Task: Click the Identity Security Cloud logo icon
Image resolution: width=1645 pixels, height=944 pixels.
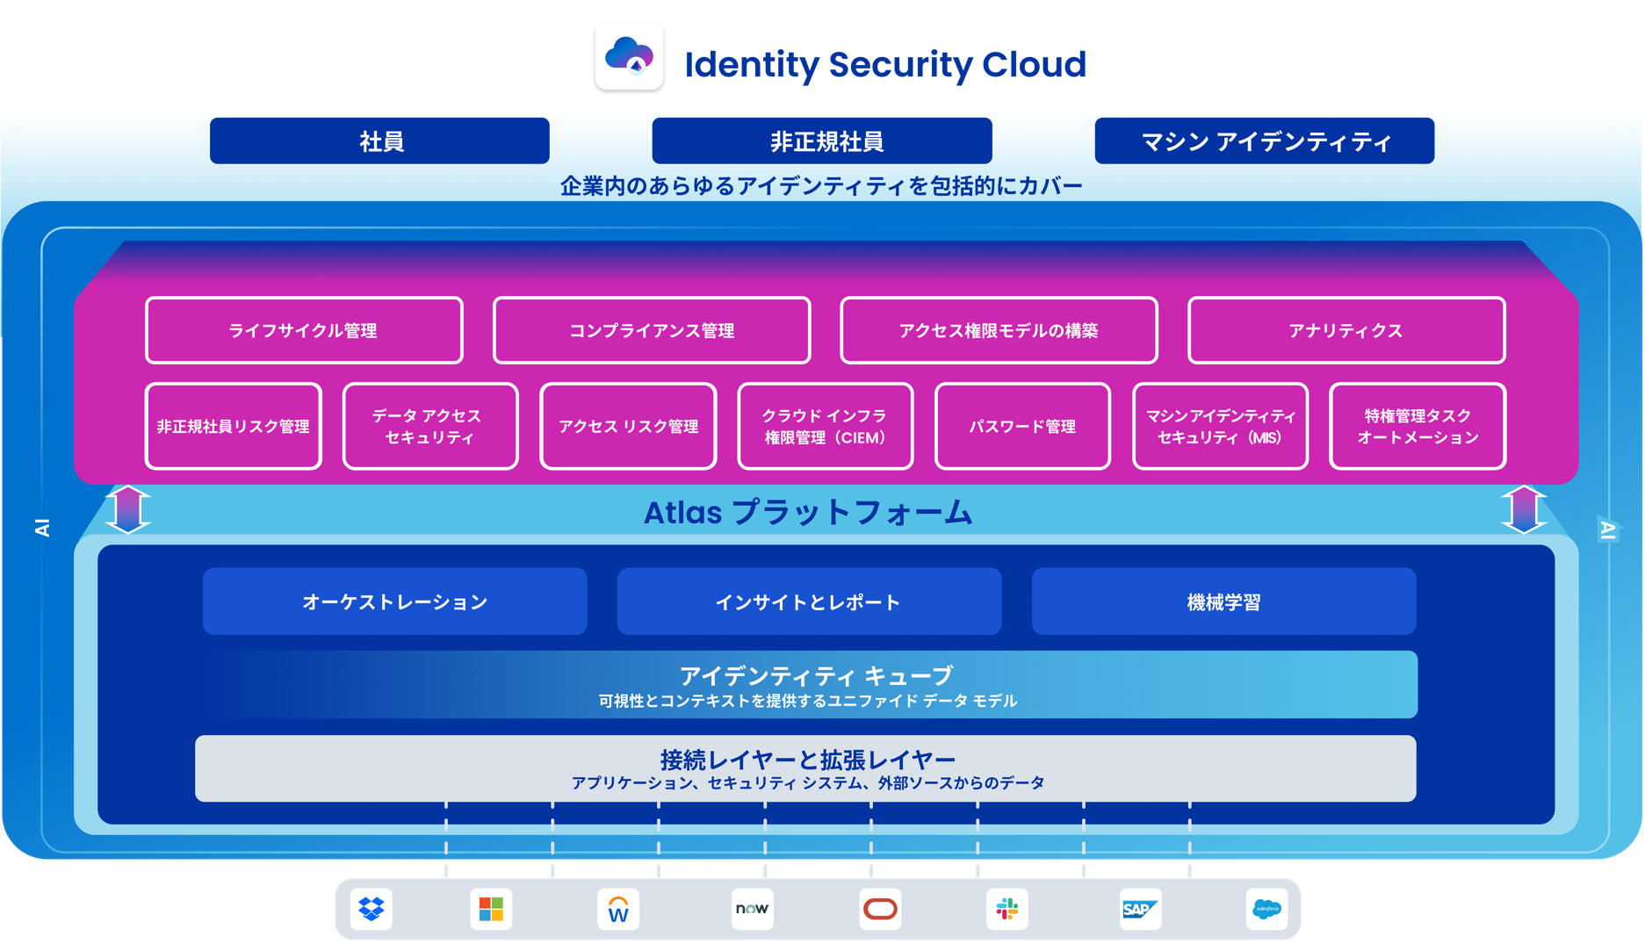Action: (x=629, y=57)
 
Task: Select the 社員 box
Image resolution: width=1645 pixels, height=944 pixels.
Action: (x=379, y=141)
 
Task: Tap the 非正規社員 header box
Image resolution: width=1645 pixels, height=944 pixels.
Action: (x=822, y=141)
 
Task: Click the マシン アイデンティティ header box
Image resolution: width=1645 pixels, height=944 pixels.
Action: (x=1264, y=141)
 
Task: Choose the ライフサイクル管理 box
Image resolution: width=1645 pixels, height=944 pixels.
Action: (x=304, y=330)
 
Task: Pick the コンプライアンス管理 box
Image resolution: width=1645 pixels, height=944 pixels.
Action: (x=652, y=330)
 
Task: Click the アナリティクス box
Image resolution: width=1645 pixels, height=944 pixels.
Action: (x=1346, y=330)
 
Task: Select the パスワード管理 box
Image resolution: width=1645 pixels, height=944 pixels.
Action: (x=1022, y=426)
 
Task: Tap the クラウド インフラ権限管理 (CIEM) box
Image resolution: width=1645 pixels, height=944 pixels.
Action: (x=825, y=426)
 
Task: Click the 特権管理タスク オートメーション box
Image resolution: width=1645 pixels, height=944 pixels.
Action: (x=1418, y=426)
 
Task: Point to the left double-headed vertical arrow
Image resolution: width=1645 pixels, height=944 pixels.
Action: (x=128, y=509)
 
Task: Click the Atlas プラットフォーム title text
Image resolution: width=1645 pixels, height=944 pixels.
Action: (x=808, y=512)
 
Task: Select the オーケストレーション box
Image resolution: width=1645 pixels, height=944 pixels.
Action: (x=394, y=602)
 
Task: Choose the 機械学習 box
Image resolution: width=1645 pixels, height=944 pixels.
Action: (x=1223, y=602)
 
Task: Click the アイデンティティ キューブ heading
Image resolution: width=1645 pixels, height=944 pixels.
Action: (x=816, y=675)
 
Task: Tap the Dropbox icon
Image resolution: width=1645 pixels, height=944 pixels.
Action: (x=372, y=909)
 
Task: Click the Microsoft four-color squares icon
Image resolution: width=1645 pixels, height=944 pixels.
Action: (x=491, y=909)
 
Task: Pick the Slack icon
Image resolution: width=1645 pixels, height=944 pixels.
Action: (x=1007, y=909)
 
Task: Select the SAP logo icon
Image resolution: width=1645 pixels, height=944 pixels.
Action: (x=1139, y=909)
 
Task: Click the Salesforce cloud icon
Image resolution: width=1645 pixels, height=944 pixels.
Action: (x=1266, y=909)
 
